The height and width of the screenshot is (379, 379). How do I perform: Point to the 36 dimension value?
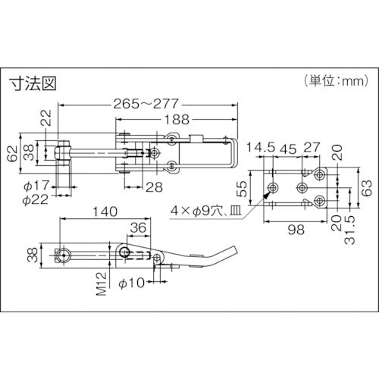pyautogui.click(x=139, y=226)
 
